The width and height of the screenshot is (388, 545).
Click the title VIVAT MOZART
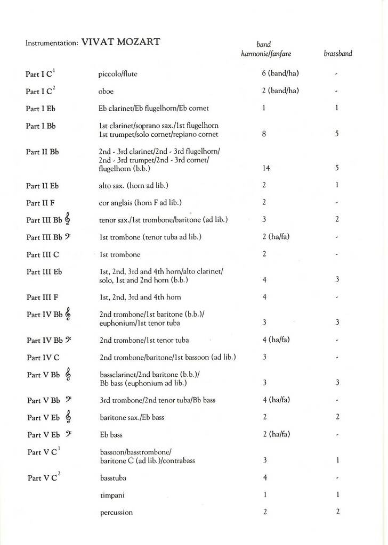coord(121,42)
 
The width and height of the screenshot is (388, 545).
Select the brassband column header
coord(338,54)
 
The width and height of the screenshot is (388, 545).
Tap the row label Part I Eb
coord(41,109)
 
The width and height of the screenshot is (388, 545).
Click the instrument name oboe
coord(106,91)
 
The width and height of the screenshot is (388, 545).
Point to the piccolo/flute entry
coord(118,74)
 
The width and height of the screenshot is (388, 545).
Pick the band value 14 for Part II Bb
coord(266,168)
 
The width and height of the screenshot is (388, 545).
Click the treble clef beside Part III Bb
coord(68,219)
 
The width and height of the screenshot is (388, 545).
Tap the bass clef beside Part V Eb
coord(68,434)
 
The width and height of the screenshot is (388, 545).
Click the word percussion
coord(116,513)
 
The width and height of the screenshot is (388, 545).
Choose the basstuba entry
coord(113,478)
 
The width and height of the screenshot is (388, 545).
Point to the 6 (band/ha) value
coord(280,73)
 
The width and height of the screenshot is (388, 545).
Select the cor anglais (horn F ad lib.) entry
coord(140,202)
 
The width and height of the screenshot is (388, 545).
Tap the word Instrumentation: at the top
coord(52,43)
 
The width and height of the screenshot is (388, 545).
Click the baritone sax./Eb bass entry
coord(132,417)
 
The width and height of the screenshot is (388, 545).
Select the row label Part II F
coord(41,203)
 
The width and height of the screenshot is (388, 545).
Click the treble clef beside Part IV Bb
coord(68,315)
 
